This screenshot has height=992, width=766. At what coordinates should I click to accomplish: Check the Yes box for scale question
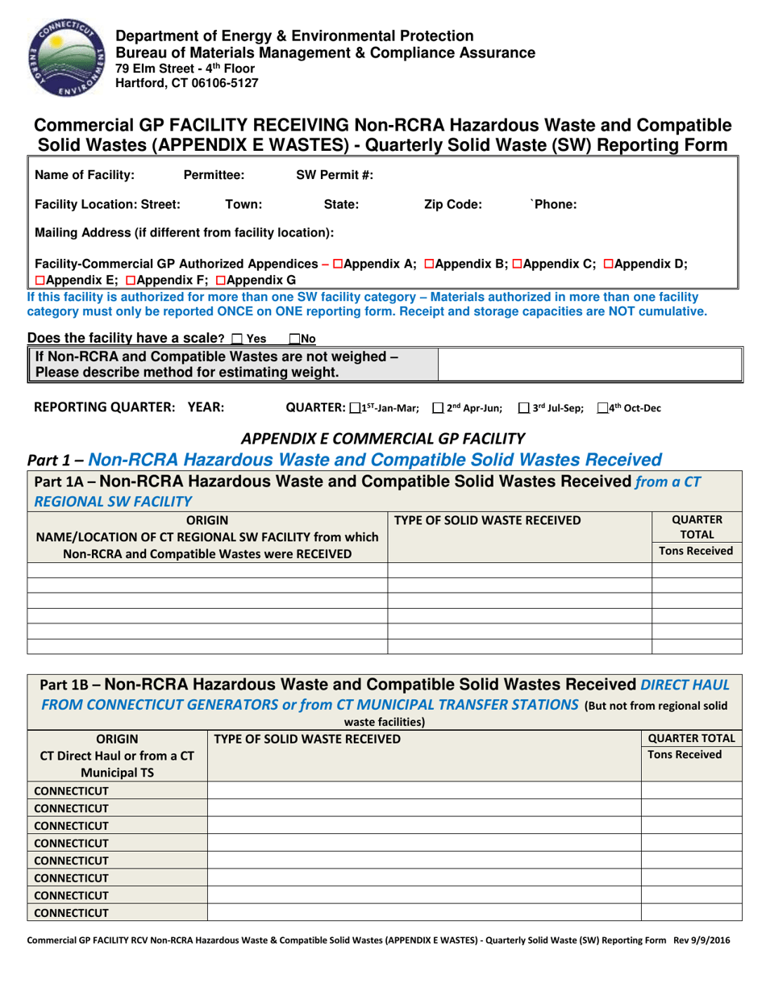(x=235, y=340)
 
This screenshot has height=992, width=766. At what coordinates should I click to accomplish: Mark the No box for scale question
(x=294, y=340)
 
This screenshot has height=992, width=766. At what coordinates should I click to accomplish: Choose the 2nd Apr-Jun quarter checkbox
(x=438, y=409)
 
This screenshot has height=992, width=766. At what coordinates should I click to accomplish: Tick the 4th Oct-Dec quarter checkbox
(x=602, y=409)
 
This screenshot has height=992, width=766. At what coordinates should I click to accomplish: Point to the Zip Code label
(x=452, y=205)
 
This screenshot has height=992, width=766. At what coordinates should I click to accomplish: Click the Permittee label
(x=214, y=175)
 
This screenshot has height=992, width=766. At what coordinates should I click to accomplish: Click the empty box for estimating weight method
(x=588, y=365)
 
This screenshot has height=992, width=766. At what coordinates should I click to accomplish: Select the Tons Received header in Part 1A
(x=696, y=552)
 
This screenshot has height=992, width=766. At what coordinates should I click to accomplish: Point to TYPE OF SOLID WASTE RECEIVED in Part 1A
(x=488, y=520)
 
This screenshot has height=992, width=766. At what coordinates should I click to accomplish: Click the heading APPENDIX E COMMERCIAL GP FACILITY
(x=383, y=439)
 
